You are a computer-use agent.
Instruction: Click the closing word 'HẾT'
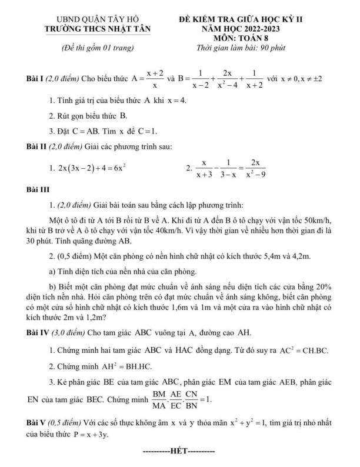click(x=179, y=452)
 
